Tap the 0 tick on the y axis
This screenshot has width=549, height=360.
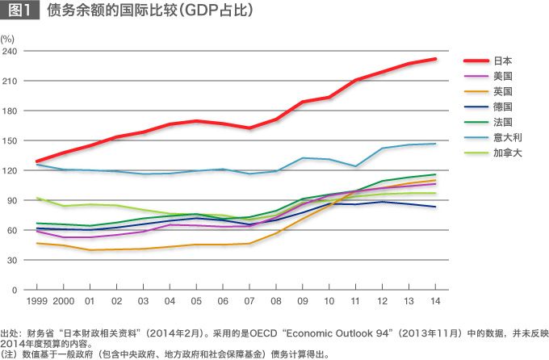click(x=14, y=289)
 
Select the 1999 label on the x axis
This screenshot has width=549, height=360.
click(x=37, y=302)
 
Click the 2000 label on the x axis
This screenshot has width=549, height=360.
click(x=63, y=302)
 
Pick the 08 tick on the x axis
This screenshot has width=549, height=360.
click(x=276, y=302)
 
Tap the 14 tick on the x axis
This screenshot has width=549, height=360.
click(x=436, y=302)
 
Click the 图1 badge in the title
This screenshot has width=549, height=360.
click(x=20, y=10)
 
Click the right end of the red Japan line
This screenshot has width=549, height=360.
click(x=436, y=59)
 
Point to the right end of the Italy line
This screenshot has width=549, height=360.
click(x=436, y=144)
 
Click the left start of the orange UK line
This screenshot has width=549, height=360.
click(x=37, y=243)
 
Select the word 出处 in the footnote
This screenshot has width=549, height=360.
click(x=10, y=333)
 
